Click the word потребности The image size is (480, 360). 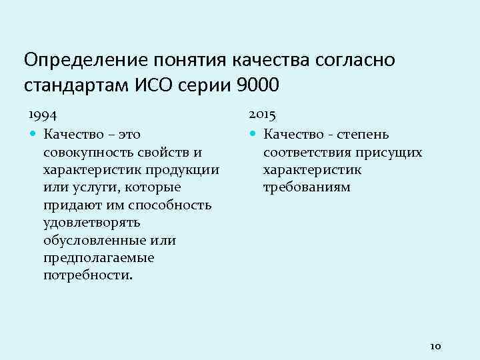87,274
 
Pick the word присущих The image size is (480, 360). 389,153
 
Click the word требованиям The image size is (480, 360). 306,187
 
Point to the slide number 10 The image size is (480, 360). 436,346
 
